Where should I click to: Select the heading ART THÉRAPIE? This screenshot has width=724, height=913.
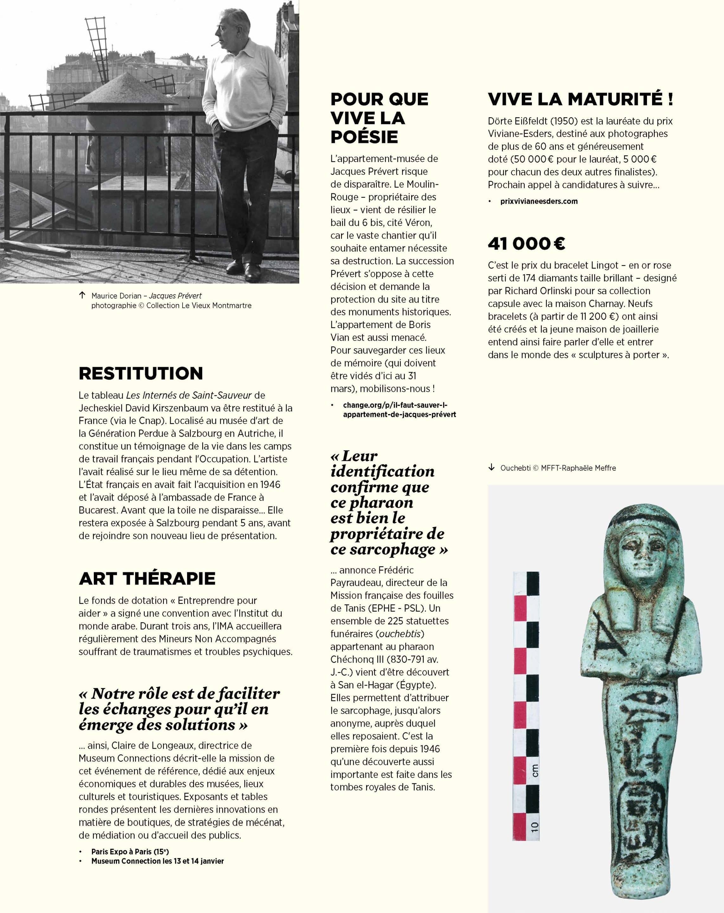coord(147,579)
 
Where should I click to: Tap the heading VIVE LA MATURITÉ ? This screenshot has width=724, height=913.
coord(580,99)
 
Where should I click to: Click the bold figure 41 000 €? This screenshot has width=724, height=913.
coord(526,243)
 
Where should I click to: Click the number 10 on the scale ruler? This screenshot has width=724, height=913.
coord(534,826)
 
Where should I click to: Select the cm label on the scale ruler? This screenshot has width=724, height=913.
coord(535,770)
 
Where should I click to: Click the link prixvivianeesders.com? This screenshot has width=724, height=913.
coord(539,201)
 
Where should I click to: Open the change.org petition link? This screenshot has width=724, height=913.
coord(399,410)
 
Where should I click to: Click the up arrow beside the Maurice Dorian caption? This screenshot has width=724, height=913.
coord(82,295)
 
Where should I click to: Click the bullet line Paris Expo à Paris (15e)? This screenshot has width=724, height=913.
coord(130,851)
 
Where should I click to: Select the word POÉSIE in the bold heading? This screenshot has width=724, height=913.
coord(364,137)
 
